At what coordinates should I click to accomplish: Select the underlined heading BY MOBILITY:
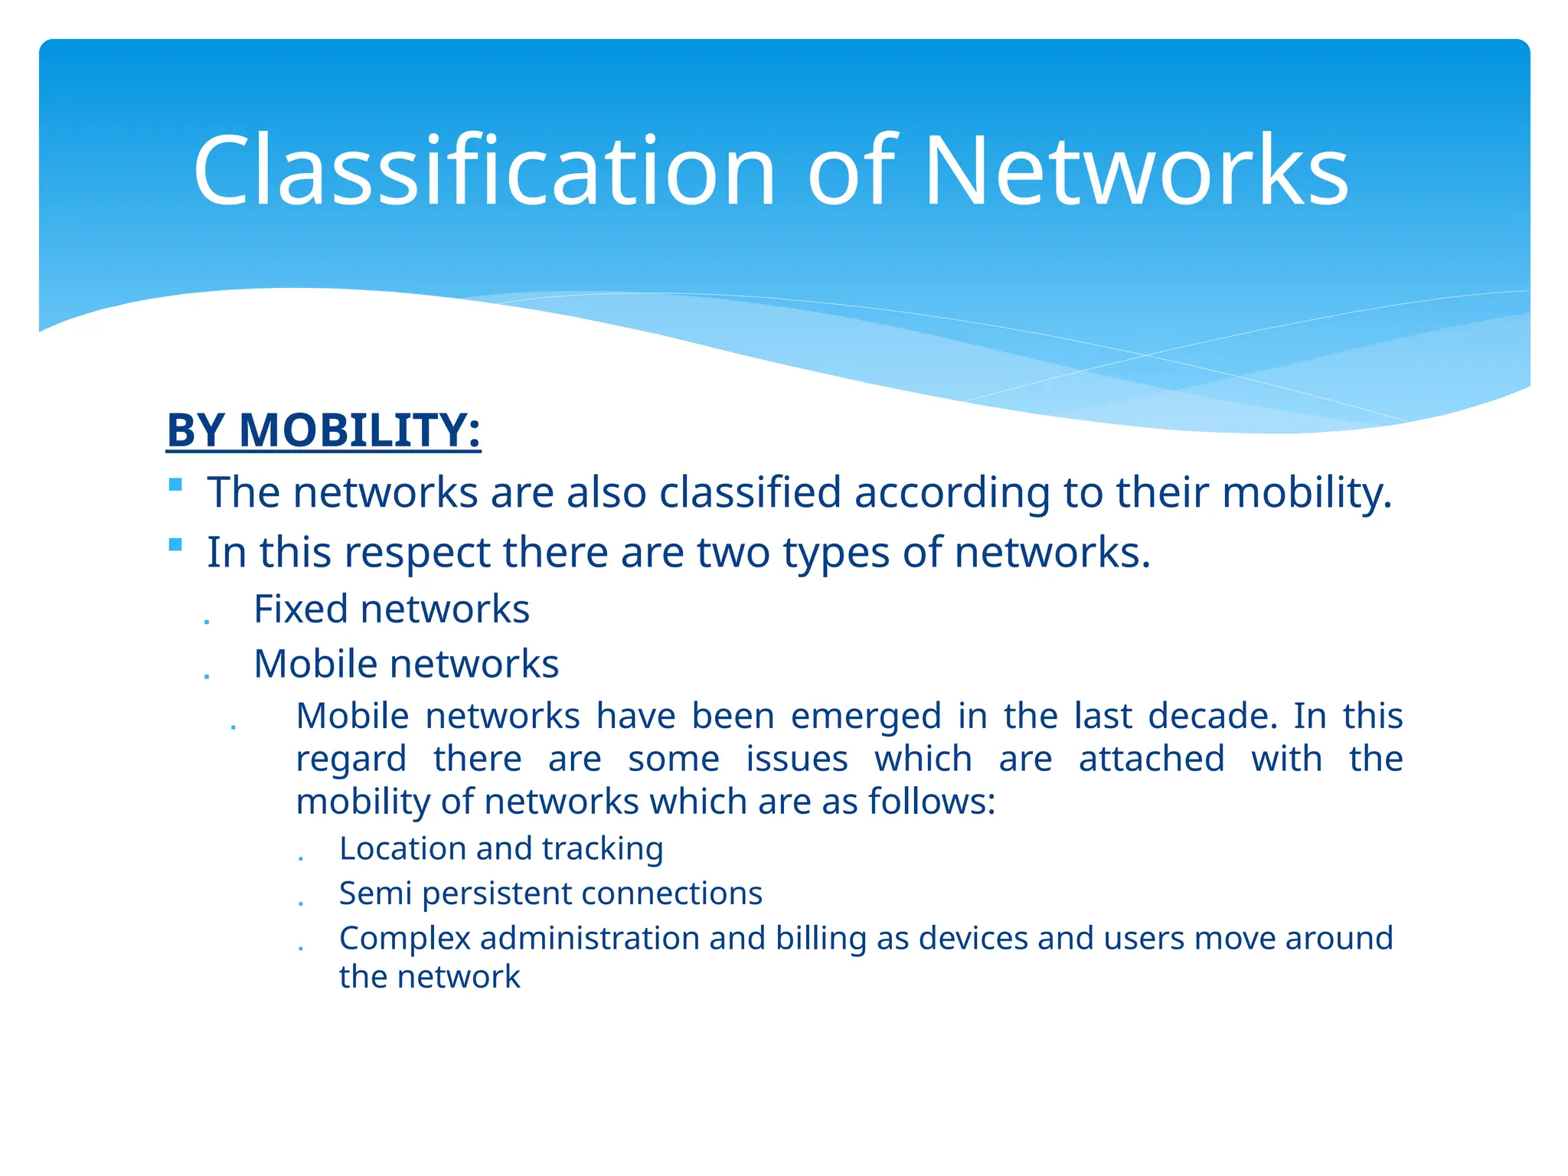point(323,430)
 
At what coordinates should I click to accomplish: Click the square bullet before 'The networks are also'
point(176,485)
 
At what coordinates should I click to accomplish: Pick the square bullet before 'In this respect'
point(176,545)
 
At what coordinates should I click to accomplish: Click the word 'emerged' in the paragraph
point(865,717)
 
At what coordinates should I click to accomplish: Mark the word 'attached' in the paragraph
point(1151,759)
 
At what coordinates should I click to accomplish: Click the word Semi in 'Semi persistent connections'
point(375,893)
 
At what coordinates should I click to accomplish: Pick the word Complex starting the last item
point(404,939)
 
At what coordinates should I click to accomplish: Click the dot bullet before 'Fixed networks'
point(207,621)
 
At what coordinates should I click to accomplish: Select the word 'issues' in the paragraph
point(796,759)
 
